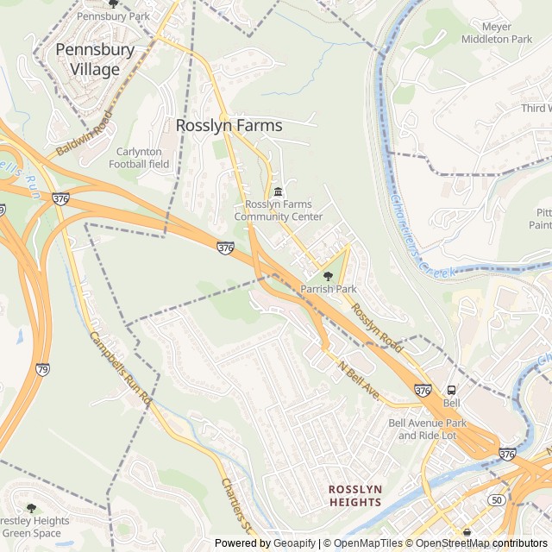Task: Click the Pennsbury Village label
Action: pyautogui.click(x=95, y=60)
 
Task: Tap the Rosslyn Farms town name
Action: pyautogui.click(x=229, y=125)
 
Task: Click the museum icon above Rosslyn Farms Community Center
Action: pyautogui.click(x=278, y=191)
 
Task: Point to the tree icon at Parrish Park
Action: pyautogui.click(x=328, y=275)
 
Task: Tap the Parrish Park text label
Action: pyautogui.click(x=328, y=289)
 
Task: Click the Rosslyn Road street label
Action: pyautogui.click(x=377, y=331)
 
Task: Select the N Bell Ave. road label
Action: pyautogui.click(x=359, y=379)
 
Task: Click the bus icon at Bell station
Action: pyautogui.click(x=451, y=390)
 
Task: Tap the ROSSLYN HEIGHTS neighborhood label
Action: pyautogui.click(x=354, y=495)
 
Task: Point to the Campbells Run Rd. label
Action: pyautogui.click(x=120, y=368)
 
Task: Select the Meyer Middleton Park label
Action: pyautogui.click(x=509, y=33)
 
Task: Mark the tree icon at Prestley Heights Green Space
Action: pyautogui.click(x=32, y=509)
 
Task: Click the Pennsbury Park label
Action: pyautogui.click(x=113, y=16)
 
